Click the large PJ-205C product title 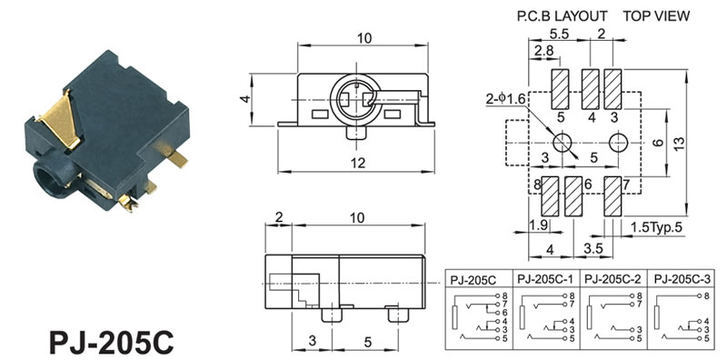tap(111, 343)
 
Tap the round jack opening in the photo tap(46, 177)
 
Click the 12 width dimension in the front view tap(358, 163)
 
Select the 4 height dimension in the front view tap(245, 99)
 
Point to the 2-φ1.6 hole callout tap(506, 99)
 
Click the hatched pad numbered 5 tap(561, 89)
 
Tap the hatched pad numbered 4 tap(590, 89)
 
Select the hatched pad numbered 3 tap(612, 89)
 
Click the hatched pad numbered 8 tap(550, 196)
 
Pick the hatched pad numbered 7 tap(612, 196)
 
